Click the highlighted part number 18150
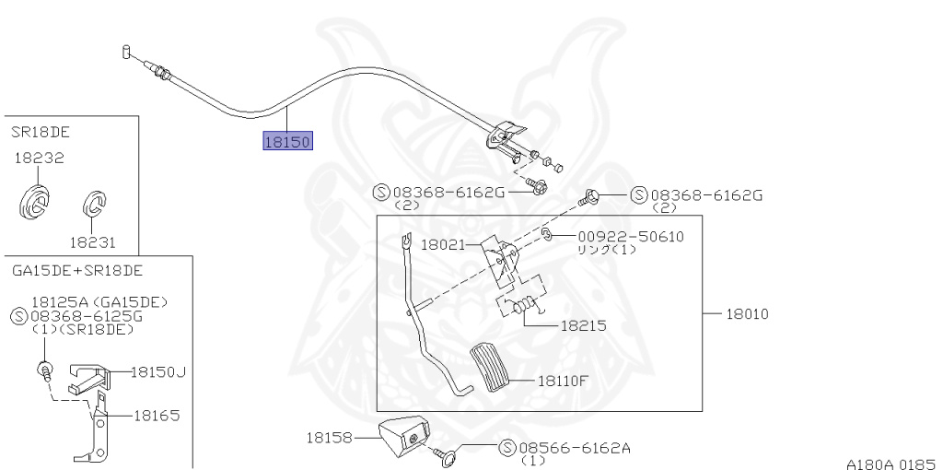[288, 142]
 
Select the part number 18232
[39, 159]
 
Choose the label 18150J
[157, 372]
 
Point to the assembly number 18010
[747, 313]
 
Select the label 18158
[328, 438]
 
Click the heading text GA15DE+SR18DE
[77, 271]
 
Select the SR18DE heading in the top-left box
[41, 132]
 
